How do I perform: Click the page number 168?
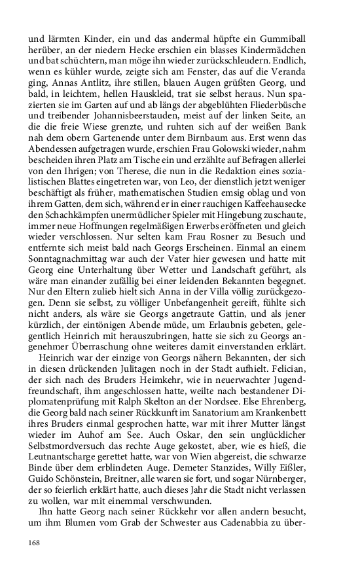(35, 543)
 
